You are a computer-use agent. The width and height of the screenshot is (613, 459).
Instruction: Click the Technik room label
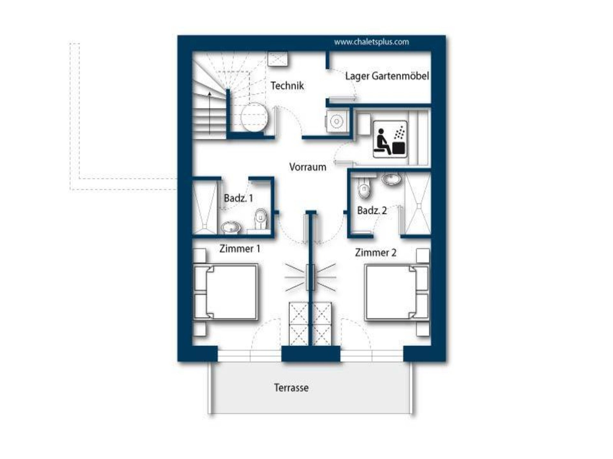(287, 86)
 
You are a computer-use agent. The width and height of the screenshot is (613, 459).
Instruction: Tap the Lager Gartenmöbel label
(387, 76)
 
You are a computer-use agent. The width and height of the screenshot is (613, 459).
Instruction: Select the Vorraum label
(308, 167)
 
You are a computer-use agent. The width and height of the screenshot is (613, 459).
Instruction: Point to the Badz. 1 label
(238, 198)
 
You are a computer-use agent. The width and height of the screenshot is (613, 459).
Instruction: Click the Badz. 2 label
(372, 210)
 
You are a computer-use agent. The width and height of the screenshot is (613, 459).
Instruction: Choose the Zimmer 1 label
(240, 249)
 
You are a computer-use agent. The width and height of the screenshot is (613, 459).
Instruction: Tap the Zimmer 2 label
(376, 253)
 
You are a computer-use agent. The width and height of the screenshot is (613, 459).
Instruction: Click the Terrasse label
(291, 388)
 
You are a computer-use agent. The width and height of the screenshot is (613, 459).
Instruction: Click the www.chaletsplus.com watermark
(372, 42)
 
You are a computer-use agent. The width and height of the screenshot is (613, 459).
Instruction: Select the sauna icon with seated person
(390, 139)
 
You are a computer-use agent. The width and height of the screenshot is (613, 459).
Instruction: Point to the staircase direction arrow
(209, 112)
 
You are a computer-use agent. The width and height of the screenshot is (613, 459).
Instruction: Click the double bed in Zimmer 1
(225, 292)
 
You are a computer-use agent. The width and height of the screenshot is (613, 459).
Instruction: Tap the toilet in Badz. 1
(261, 219)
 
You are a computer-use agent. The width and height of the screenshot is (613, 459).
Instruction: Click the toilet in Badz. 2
(364, 188)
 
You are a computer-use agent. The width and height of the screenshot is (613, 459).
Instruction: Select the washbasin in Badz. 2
(392, 179)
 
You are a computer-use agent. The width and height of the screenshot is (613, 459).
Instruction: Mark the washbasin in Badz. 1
(231, 228)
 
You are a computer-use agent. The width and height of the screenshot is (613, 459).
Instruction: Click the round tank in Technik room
(254, 117)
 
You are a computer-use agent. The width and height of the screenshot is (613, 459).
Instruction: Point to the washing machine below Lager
(337, 121)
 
